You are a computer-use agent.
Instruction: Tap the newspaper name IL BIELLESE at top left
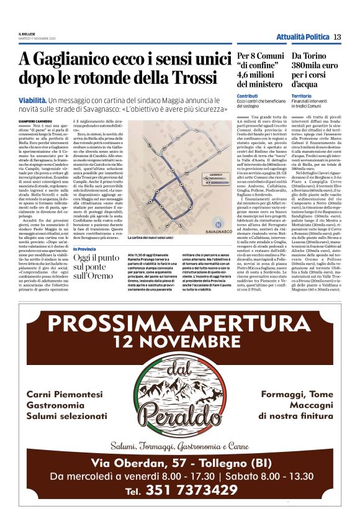pyautogui.click(x=26, y=34)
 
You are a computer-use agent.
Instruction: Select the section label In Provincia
pyautogui.click(x=85, y=248)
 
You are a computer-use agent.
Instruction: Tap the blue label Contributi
pyautogui.click(x=247, y=96)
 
